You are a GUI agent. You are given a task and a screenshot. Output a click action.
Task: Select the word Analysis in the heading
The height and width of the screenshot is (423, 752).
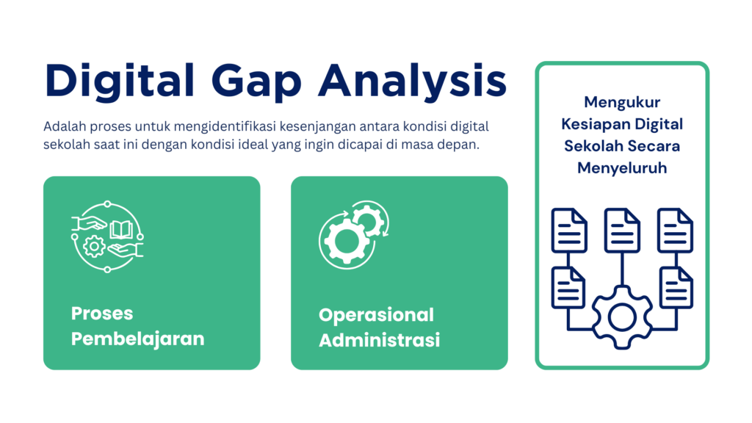[x=412, y=81]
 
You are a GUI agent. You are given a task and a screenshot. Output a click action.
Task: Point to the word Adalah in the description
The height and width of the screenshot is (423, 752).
[x=63, y=126]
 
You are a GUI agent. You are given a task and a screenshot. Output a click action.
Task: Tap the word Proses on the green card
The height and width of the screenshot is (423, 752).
[x=102, y=314]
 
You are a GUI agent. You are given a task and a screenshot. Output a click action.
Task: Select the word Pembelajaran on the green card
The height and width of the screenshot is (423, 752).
[x=137, y=339]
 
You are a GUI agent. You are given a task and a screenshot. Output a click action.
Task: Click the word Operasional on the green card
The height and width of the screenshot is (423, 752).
[x=376, y=315]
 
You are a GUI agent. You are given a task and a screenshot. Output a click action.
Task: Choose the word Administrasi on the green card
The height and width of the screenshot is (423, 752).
[x=379, y=341]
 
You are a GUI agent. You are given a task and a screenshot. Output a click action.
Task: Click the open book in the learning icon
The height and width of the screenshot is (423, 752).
[x=120, y=230]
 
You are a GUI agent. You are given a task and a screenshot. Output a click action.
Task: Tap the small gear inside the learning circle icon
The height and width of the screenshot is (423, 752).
[x=94, y=246]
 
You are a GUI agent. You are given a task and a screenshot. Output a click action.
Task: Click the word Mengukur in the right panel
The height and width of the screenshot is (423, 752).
[x=622, y=101]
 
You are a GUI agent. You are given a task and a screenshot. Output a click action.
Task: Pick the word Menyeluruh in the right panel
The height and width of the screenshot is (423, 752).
[x=622, y=167]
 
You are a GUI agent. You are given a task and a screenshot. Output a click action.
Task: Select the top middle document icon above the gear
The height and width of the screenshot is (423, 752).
[x=622, y=230]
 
